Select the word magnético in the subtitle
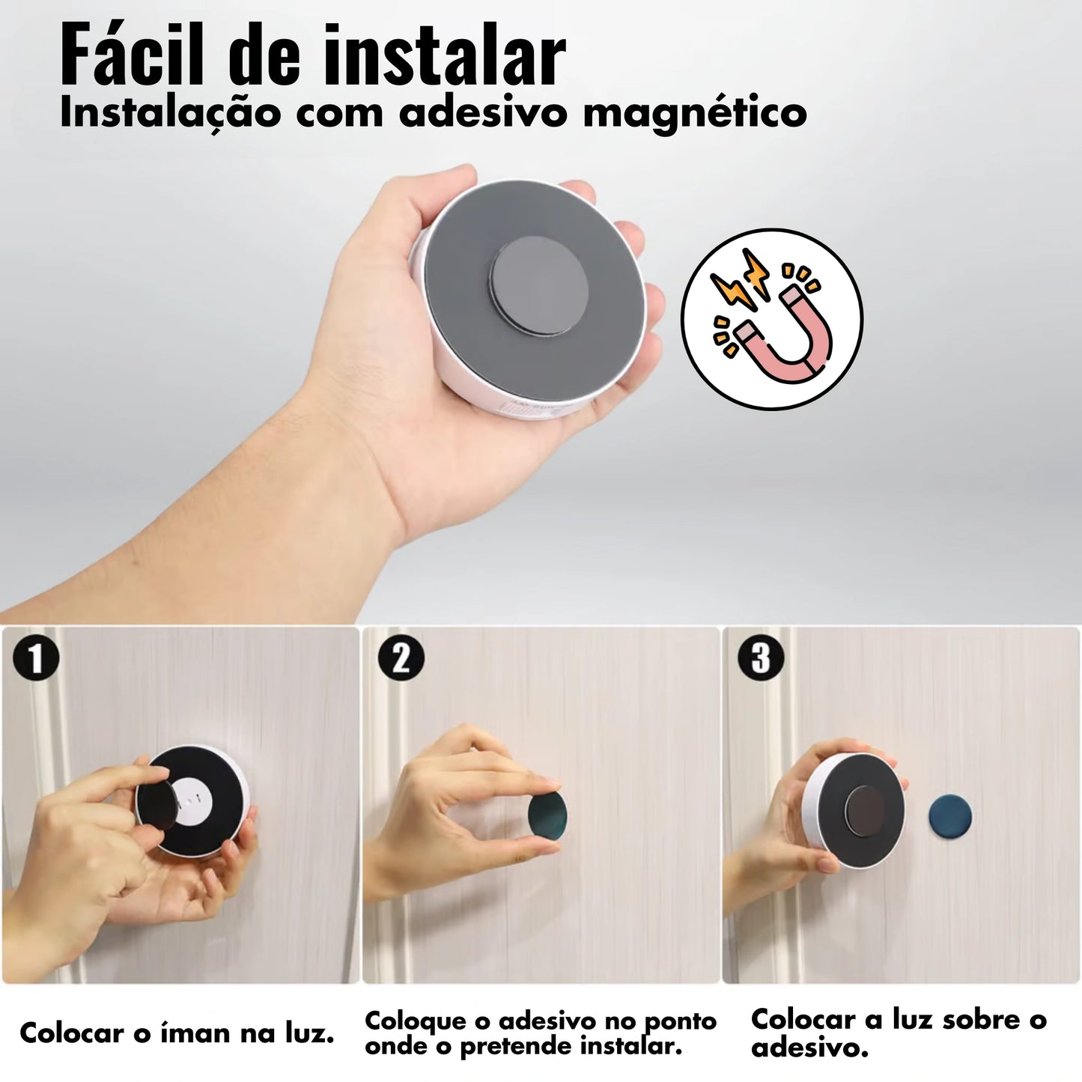click(695, 112)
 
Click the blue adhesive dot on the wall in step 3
click(949, 815)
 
